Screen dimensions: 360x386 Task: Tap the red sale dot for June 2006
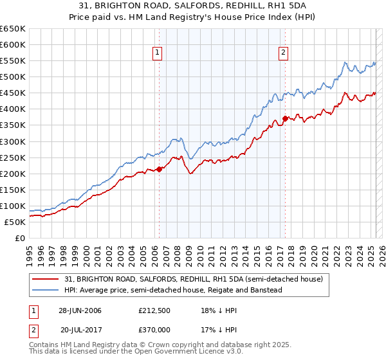click(x=160, y=169)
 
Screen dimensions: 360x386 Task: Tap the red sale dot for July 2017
click(x=285, y=118)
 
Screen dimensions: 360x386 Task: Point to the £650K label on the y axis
click(x=13, y=29)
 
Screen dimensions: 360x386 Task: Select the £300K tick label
click(x=13, y=141)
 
